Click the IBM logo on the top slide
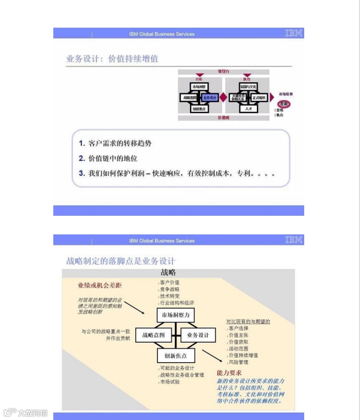click(x=294, y=33)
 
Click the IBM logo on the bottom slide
click(x=294, y=240)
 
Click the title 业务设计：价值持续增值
click(x=112, y=59)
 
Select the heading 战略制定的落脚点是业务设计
click(x=121, y=261)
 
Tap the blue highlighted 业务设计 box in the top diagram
click(x=210, y=97)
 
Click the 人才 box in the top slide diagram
click(x=248, y=108)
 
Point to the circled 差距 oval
click(x=285, y=104)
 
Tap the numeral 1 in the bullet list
click(x=81, y=143)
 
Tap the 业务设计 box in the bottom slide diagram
click(x=198, y=335)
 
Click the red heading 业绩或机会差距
click(x=99, y=286)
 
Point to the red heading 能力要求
click(x=229, y=373)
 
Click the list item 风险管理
click(x=238, y=362)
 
